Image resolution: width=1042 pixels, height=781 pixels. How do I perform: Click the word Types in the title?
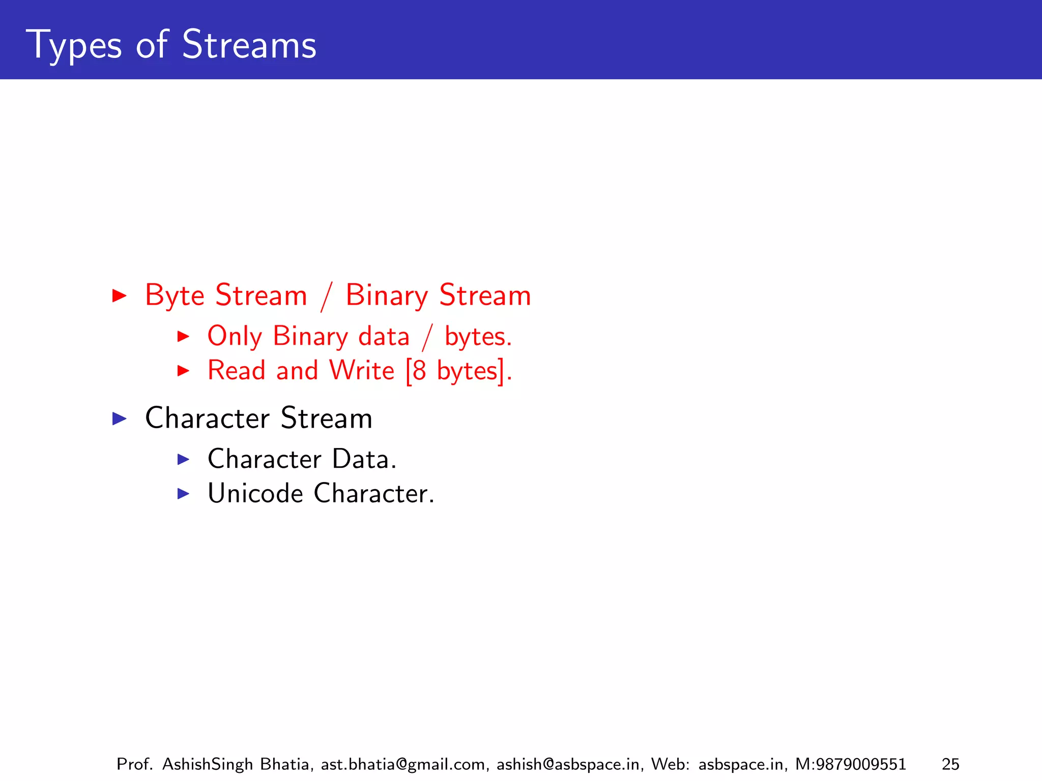74,46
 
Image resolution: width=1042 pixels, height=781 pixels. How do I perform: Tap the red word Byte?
175,295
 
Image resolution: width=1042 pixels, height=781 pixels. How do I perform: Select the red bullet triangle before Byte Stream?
119,295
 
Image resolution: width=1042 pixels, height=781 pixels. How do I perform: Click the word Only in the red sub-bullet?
235,337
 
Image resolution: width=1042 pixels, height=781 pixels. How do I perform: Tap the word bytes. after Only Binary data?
478,337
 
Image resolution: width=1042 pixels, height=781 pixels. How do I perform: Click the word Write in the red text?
361,370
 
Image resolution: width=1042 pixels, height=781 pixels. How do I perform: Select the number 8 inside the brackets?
419,371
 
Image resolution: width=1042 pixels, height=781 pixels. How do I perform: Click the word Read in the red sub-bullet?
237,370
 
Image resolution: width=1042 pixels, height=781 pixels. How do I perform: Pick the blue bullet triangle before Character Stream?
119,418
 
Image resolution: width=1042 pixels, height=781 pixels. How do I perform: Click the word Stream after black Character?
326,418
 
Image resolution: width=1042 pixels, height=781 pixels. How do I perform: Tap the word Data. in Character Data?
364,459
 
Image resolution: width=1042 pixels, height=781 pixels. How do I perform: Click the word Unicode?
255,493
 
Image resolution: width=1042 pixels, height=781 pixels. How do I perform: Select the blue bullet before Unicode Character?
183,493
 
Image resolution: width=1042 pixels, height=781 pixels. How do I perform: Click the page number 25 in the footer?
950,764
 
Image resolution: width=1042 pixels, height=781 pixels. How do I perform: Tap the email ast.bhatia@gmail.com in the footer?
404,764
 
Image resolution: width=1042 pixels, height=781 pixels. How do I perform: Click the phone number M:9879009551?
850,764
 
